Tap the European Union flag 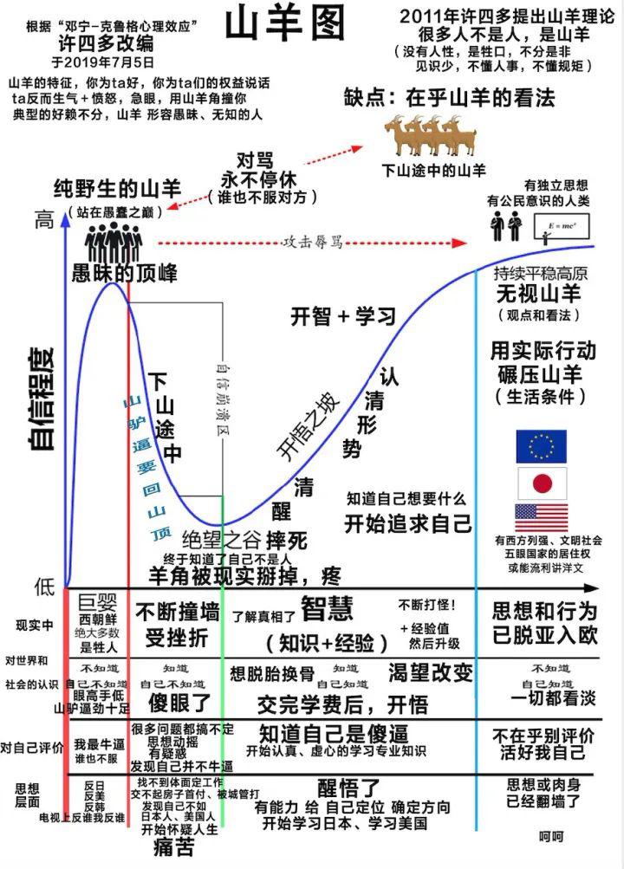click(541, 446)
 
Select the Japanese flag click(542, 483)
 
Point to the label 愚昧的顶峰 click(125, 275)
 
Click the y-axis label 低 click(43, 587)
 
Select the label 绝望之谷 click(221, 540)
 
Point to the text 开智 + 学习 click(343, 316)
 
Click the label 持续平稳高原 click(541, 273)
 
